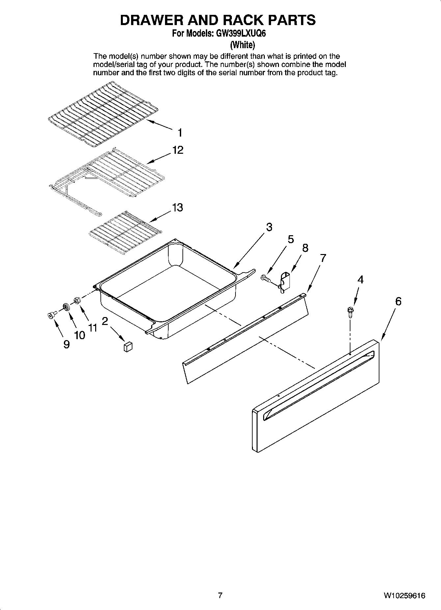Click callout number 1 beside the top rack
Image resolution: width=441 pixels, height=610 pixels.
coord(180,133)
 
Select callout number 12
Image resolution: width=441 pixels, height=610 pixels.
coord(178,150)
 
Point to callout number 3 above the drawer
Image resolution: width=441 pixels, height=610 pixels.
coord(269,227)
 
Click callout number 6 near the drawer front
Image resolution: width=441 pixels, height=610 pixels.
coord(398,301)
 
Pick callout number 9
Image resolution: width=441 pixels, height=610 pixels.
coord(66,345)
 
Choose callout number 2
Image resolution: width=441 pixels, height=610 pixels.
coord(105,321)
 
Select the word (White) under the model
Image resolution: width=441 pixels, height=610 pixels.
coord(242,44)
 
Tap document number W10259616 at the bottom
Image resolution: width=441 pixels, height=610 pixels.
coord(404,595)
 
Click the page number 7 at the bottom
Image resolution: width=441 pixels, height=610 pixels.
coord(220,595)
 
